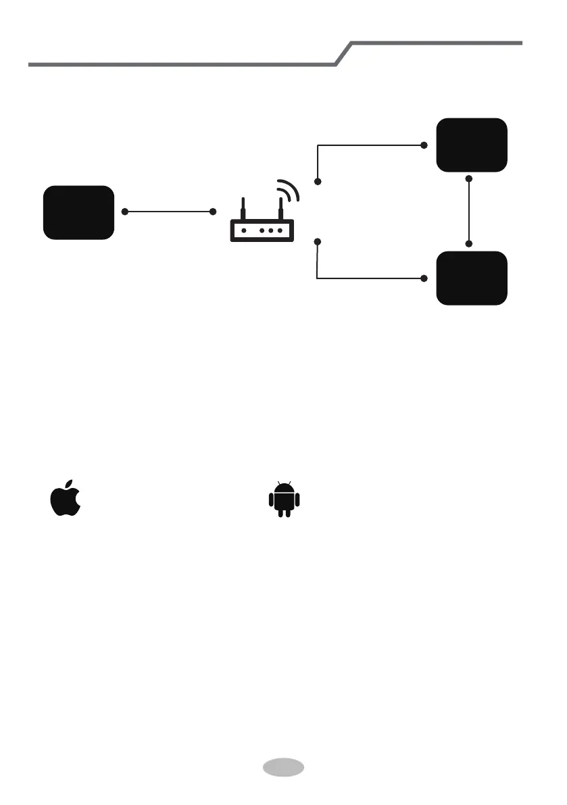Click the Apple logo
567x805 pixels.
(66, 501)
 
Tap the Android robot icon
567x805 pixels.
(284, 500)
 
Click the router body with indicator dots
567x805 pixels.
(262, 230)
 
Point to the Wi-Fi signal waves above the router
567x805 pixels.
(289, 191)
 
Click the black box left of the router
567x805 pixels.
(78, 212)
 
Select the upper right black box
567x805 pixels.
(472, 145)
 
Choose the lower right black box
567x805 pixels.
(472, 278)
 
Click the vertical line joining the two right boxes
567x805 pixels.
(470, 211)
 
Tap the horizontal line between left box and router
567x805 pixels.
(169, 212)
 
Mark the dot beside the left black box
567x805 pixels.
(125, 212)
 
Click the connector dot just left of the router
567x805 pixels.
(214, 212)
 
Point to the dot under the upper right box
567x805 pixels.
(470, 178)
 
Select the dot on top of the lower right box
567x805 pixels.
(470, 243)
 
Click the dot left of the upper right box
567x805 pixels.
(424, 145)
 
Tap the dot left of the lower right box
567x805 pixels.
(424, 278)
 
